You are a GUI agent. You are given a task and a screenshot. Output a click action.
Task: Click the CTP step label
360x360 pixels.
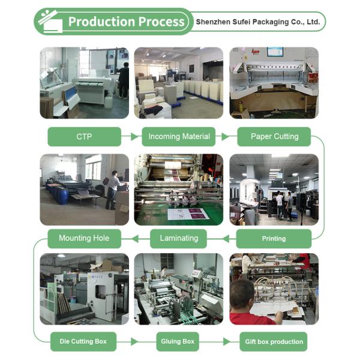pyautogui.click(x=84, y=137)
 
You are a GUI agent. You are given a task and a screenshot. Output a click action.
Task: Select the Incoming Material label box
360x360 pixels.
pyautogui.click(x=179, y=137)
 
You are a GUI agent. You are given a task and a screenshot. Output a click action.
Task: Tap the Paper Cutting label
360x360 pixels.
pyautogui.click(x=274, y=137)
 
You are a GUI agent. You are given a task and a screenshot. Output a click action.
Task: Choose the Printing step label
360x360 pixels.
pyautogui.click(x=274, y=239)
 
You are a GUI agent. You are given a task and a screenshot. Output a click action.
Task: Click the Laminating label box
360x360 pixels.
pyautogui.click(x=178, y=239)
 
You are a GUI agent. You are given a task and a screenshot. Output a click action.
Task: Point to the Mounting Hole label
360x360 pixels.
pyautogui.click(x=84, y=239)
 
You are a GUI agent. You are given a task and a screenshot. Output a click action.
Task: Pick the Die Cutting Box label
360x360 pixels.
pyautogui.click(x=83, y=341)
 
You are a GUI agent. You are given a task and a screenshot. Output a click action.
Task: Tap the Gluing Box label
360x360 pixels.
pyautogui.click(x=178, y=341)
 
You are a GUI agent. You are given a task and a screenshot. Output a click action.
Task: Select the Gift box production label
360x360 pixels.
pyautogui.click(x=274, y=341)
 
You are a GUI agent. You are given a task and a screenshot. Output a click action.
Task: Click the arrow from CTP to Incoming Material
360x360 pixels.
pyautogui.click(x=130, y=136)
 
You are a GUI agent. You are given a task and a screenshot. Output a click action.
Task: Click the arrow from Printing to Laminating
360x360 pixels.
pyautogui.click(x=221, y=239)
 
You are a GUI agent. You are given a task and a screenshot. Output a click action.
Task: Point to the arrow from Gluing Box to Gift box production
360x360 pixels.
pyautogui.click(x=219, y=341)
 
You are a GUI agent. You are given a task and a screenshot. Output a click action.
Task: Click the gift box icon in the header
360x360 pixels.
pyautogui.click(x=50, y=21)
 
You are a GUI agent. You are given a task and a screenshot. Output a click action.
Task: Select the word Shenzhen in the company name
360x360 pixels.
pyautogui.click(x=213, y=22)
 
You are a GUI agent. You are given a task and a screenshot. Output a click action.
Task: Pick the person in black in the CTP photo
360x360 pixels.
pyautogui.click(x=123, y=80)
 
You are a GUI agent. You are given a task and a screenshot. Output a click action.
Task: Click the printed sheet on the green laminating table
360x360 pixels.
pyautogui.click(x=188, y=214)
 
